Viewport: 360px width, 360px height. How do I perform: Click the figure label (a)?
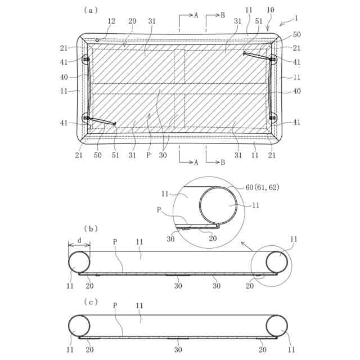91,10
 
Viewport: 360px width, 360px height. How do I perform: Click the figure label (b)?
91,228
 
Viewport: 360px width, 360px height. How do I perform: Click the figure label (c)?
91,301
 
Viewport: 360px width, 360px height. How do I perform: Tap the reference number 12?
111,21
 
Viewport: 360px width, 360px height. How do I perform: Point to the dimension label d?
79,240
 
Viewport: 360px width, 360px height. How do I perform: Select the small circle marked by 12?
98,40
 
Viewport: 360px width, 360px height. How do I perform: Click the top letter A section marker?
196,15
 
